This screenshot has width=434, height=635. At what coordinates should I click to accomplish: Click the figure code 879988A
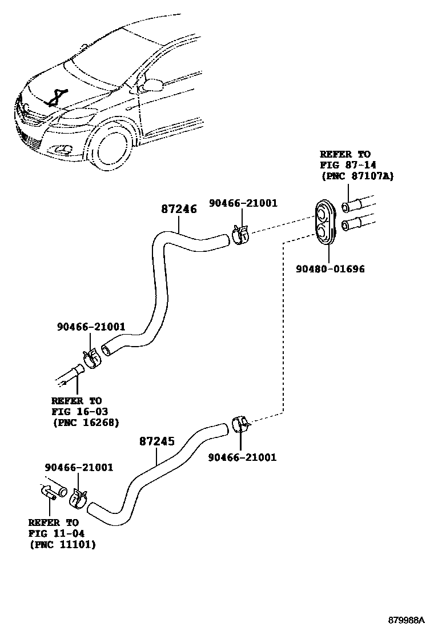[408, 620]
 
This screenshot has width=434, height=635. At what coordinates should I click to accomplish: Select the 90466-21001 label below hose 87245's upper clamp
[242, 457]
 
